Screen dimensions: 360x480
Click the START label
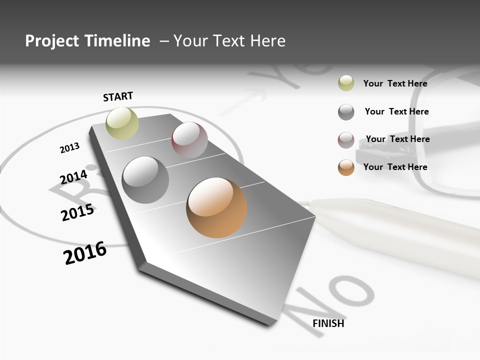[x=118, y=96]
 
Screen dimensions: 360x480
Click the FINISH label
[x=328, y=323]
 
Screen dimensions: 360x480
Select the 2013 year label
[x=69, y=148]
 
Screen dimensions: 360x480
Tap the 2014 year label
[x=73, y=177]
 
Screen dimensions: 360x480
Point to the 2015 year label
[x=77, y=212]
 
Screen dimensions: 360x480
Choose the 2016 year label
[x=85, y=253]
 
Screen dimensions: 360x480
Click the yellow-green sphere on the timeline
[x=122, y=123]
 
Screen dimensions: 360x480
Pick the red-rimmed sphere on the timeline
[x=189, y=140]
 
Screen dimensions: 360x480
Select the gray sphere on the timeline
[x=145, y=180]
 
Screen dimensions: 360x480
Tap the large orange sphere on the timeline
[x=216, y=207]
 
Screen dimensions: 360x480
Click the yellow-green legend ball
[x=346, y=83]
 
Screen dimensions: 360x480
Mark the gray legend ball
[x=346, y=112]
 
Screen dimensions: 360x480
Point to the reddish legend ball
[x=346, y=140]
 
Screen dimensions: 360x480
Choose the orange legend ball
[x=346, y=167]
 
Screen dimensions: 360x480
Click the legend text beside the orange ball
[x=395, y=167]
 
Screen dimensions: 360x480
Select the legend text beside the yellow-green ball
[x=395, y=83]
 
